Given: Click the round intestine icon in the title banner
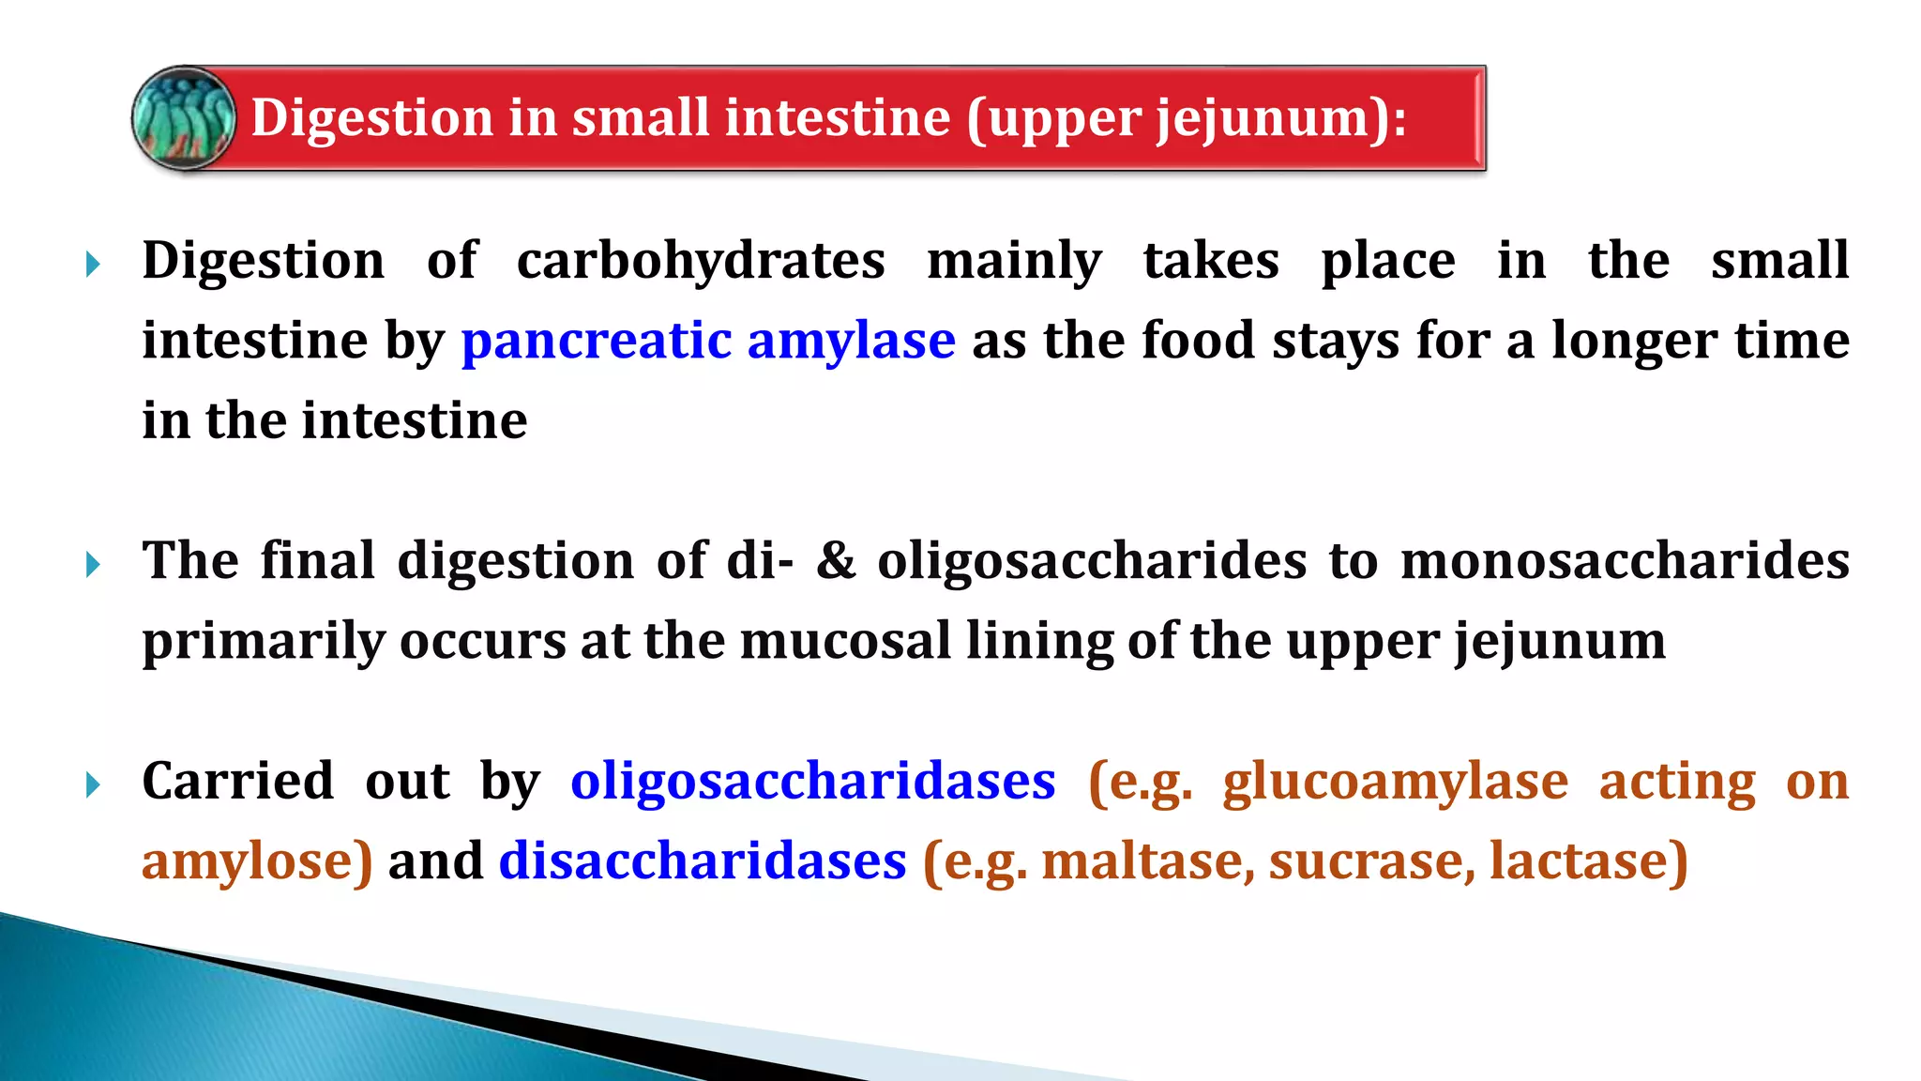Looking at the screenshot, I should coord(184,118).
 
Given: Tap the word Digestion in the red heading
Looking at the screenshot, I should coord(371,118).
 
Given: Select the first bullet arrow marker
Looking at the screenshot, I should coord(93,264).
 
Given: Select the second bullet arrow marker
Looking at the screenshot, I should coord(93,564).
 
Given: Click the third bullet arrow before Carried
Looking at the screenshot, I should coord(93,784).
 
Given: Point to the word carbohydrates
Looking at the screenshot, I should coord(701,260).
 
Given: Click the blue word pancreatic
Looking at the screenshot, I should coord(597,340).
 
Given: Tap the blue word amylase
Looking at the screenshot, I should coord(851,342).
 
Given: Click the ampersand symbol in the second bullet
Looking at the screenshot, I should coord(836,561).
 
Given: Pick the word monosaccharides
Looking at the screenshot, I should coord(1625,561).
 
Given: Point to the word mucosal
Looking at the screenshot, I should coord(845,641).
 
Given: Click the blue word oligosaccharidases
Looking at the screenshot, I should coord(812,782).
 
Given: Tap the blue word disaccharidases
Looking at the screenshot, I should coord(703,861).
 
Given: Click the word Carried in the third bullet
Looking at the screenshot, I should coord(238,782).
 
